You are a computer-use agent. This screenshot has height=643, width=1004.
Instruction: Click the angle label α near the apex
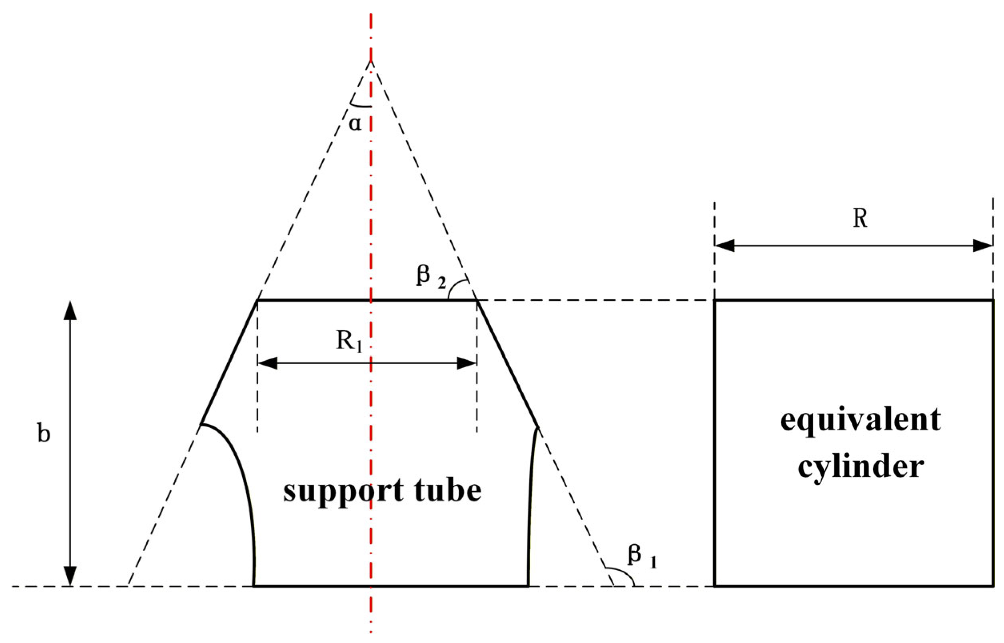355,124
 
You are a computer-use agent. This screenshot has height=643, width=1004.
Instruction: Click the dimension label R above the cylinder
860,218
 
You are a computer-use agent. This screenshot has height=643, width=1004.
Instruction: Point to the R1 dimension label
349,342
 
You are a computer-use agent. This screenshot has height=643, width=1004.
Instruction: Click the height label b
44,434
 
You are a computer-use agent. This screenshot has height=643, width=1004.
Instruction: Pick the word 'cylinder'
860,467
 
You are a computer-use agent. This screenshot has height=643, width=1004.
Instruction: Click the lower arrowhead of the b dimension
70,576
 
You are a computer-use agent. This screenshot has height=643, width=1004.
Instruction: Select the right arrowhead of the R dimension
983,246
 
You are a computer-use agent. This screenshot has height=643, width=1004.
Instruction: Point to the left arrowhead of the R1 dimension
267,363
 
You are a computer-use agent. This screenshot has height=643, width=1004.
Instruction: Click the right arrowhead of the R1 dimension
467,363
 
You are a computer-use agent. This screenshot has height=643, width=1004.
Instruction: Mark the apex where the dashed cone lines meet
370,62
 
